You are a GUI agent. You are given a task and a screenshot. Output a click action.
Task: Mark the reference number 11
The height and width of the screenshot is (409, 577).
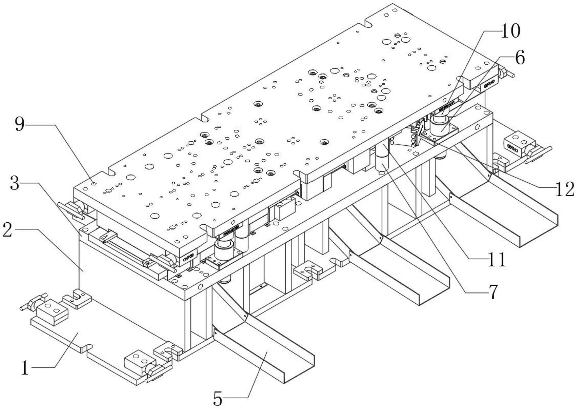[497, 259]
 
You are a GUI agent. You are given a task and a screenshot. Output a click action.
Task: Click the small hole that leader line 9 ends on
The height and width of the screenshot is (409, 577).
[93, 183]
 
